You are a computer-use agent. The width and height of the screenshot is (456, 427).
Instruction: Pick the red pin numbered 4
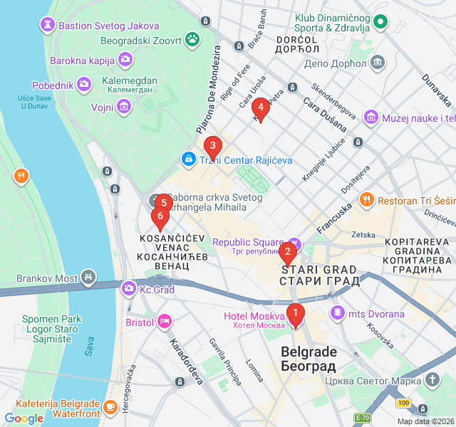[x=261, y=108]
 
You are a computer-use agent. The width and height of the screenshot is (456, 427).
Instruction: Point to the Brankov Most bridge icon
[x=88, y=275]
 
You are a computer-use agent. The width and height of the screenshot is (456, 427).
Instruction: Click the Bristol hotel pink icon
[x=165, y=322]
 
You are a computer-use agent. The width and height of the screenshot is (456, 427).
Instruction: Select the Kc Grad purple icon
[x=129, y=288]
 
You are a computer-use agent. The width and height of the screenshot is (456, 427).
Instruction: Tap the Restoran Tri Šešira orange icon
[x=367, y=200]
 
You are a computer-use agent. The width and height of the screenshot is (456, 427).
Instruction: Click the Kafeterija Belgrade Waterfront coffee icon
[x=110, y=407]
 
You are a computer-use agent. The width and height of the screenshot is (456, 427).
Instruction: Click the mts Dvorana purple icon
[x=337, y=313]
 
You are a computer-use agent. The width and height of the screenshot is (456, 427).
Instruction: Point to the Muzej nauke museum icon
[x=370, y=117]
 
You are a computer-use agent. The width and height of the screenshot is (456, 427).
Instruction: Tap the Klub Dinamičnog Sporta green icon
[x=380, y=22]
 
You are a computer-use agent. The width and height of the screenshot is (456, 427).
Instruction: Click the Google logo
[x=24, y=418]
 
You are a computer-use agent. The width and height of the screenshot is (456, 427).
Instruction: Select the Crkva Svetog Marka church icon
[x=432, y=379]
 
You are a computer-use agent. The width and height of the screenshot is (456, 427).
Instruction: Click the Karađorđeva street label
[x=185, y=361]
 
